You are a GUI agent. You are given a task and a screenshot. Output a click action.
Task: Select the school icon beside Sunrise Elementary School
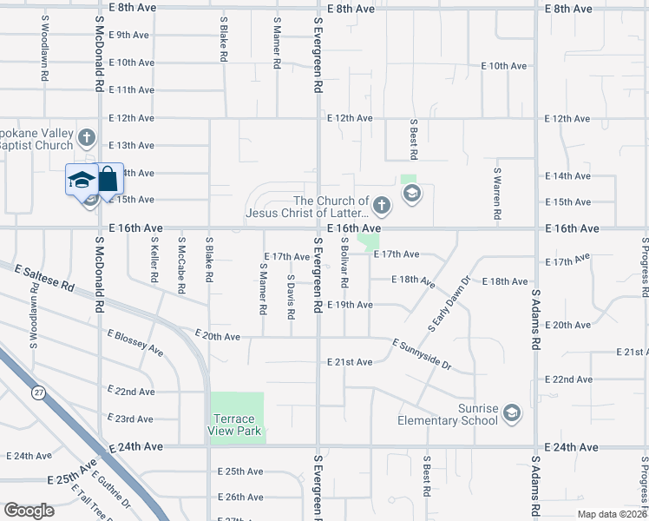[x=512, y=412]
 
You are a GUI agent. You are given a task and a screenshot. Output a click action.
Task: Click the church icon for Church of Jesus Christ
[x=383, y=206]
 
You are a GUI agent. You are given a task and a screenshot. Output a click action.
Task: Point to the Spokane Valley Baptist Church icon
[x=86, y=138]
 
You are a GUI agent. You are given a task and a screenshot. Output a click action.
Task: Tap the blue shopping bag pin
[x=108, y=181]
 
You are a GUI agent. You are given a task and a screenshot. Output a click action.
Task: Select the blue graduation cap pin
[x=81, y=181]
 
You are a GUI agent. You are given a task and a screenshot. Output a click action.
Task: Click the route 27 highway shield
[x=39, y=393]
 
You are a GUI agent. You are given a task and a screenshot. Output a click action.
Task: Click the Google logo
[x=29, y=511]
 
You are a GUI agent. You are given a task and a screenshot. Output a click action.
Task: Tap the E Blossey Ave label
[x=134, y=342]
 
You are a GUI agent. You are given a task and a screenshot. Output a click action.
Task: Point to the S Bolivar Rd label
[x=344, y=263]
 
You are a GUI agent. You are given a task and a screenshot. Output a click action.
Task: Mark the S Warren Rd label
[x=497, y=193]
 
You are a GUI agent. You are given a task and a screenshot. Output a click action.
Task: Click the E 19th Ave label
[x=350, y=305]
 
